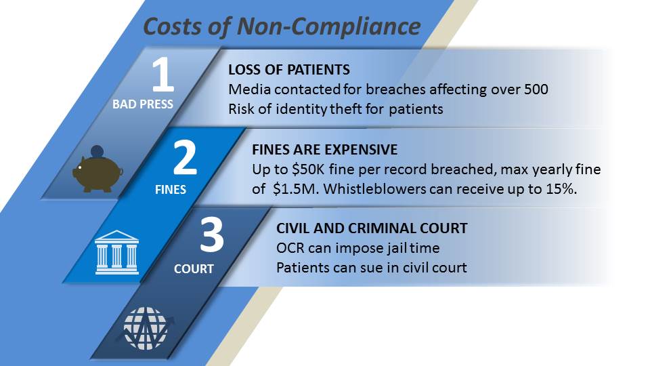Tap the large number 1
click(x=162, y=76)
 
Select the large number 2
click(x=185, y=157)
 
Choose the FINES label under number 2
click(x=170, y=190)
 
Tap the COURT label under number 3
click(x=194, y=269)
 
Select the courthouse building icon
click(x=116, y=252)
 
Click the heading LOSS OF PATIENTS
click(x=289, y=70)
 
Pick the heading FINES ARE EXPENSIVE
click(x=324, y=149)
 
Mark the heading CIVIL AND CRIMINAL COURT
click(x=372, y=228)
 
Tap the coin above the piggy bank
click(x=97, y=151)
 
